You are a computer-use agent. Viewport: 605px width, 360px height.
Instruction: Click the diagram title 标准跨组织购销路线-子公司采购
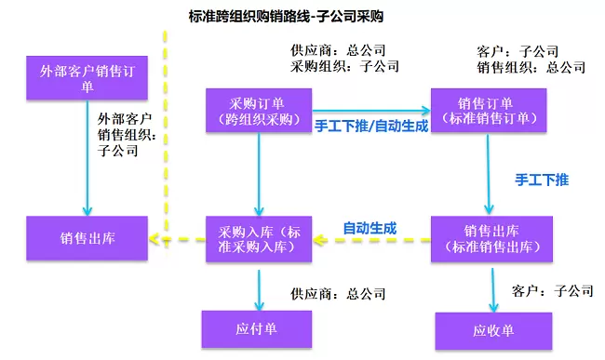[286, 17]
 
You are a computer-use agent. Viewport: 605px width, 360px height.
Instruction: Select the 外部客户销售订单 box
[87, 78]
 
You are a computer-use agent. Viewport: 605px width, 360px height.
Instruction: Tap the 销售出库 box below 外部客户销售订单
[87, 238]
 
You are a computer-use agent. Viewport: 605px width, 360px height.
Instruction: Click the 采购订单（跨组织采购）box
[259, 111]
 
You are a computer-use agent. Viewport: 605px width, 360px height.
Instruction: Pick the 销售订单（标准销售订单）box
[489, 111]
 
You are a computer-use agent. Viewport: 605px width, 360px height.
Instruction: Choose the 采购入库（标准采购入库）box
[259, 239]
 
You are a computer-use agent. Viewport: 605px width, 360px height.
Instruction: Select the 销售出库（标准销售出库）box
[491, 239]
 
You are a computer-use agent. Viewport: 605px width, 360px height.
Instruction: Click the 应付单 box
[257, 329]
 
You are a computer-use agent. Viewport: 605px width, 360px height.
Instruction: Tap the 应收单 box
[493, 331]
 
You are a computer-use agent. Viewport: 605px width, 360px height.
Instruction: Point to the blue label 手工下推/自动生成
[371, 126]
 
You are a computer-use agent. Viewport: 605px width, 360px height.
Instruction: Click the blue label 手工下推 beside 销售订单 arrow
[542, 180]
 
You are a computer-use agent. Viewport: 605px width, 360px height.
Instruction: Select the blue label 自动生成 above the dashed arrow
[370, 229]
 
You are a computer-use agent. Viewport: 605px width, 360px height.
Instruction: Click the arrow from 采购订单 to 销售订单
[371, 111]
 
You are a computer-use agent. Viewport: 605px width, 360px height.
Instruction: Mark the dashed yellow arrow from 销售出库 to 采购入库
[371, 240]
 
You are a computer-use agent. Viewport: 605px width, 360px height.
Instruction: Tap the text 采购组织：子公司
[344, 66]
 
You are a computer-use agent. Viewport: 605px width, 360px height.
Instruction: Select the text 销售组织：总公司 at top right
[531, 68]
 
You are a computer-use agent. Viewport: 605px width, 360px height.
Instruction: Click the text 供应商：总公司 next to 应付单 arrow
[338, 294]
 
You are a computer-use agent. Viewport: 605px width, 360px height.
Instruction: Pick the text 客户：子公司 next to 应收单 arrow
[553, 290]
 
